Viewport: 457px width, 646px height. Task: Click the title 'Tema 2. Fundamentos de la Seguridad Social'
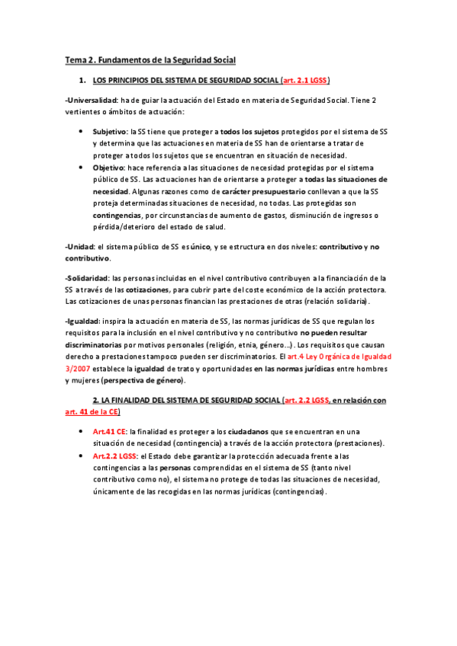pyautogui.click(x=150, y=59)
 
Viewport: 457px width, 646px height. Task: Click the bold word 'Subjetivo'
pyautogui.click(x=110, y=131)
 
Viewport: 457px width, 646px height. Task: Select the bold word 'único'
pyautogui.click(x=199, y=248)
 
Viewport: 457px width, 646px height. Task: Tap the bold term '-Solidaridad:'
pyautogui.click(x=88, y=278)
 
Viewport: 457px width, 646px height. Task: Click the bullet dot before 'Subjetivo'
pyautogui.click(x=82, y=131)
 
